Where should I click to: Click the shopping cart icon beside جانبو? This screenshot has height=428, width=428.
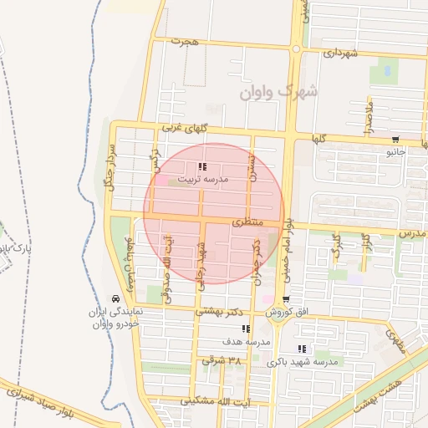tap(395, 140)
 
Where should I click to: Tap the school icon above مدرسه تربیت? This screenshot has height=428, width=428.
tap(201, 167)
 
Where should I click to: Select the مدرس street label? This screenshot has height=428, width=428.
tap(412, 233)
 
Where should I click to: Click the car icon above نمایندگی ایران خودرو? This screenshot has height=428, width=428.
tap(115, 299)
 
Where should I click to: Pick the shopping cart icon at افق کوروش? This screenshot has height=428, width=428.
tap(287, 299)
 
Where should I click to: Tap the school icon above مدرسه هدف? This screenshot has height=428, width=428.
tap(245, 329)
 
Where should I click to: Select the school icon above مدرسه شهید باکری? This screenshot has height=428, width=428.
tap(302, 349)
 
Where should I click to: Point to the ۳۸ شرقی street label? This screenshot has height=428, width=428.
tap(221, 360)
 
